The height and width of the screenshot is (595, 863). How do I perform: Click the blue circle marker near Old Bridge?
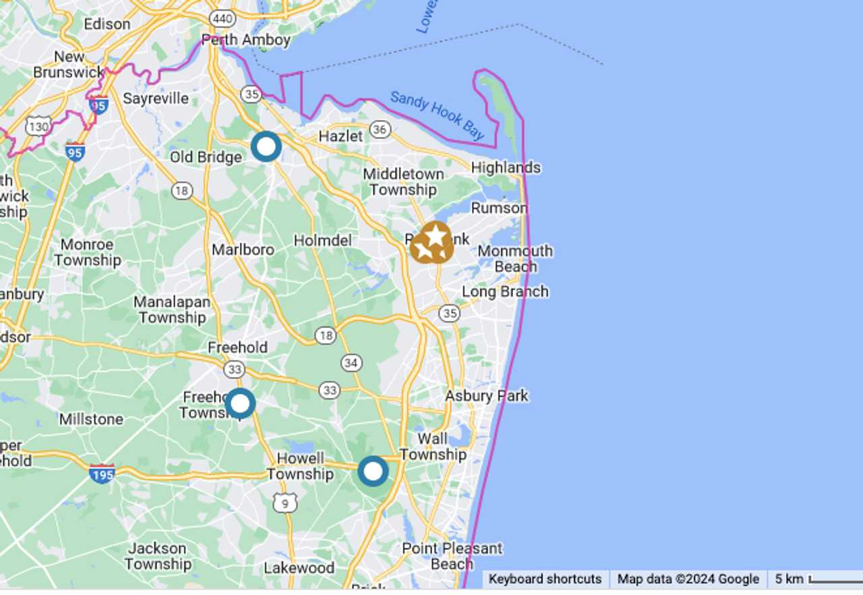point(266,146)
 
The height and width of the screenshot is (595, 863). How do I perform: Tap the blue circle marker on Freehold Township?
point(240,403)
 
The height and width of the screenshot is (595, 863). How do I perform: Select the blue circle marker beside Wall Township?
point(373,471)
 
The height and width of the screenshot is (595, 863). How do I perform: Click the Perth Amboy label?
point(246,40)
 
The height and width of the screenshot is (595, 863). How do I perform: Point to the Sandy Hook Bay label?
point(437,115)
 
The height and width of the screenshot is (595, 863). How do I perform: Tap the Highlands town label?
point(506,167)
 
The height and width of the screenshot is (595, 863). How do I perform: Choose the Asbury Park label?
point(487,395)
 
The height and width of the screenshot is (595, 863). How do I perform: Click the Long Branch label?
point(505,291)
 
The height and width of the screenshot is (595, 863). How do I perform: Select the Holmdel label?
point(323,240)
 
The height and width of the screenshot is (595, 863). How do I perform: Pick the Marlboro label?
point(243,250)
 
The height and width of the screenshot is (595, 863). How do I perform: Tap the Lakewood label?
point(299,567)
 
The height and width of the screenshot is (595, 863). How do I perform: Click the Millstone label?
point(91,419)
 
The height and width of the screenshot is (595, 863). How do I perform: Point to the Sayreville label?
point(156,98)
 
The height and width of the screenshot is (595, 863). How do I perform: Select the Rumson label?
point(499,208)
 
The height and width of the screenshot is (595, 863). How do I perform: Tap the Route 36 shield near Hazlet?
point(380,130)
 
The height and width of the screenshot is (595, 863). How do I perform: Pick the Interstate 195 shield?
point(102,473)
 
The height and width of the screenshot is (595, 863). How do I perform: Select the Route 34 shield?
point(351,363)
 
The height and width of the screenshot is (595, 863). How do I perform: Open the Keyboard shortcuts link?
point(545,579)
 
